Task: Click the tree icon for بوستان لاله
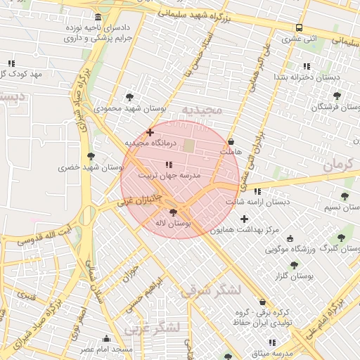(173, 212)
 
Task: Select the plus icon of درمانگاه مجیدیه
(150, 132)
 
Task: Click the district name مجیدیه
(202, 110)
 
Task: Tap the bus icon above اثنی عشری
(300, 27)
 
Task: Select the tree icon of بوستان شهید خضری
(90, 156)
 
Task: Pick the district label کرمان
(340, 166)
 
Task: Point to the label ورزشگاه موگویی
(291, 249)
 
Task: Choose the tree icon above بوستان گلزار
(293, 265)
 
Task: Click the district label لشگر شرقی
(210, 290)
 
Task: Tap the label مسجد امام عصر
(105, 349)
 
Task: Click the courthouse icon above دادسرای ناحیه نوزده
(97, 17)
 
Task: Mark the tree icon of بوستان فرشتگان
(337, 96)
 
